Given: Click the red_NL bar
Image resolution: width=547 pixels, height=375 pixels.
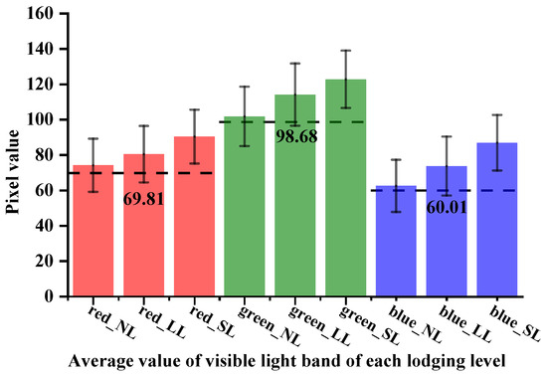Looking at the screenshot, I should pyautogui.click(x=91, y=239).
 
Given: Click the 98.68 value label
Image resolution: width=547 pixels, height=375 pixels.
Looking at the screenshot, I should pyautogui.click(x=296, y=134).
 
